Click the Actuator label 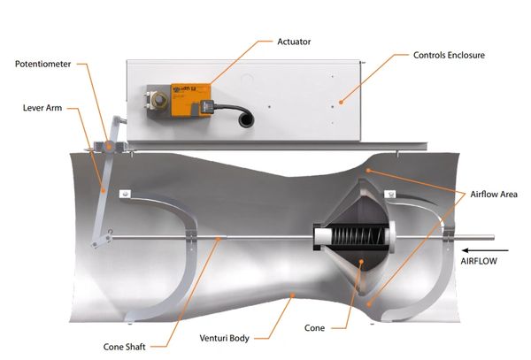pyautogui.click(x=294, y=42)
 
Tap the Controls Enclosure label pyautogui.click(x=449, y=55)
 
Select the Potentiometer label pyautogui.click(x=43, y=64)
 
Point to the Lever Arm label pyautogui.click(x=42, y=108)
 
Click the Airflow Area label pyautogui.click(x=494, y=195)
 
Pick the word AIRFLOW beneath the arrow pyautogui.click(x=479, y=261)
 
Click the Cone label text pyautogui.click(x=314, y=328)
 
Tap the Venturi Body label pyautogui.click(x=224, y=338)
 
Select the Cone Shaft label pyautogui.click(x=125, y=347)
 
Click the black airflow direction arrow pyautogui.click(x=486, y=250)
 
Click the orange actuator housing pyautogui.click(x=190, y=100)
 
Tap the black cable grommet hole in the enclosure pyautogui.click(x=246, y=120)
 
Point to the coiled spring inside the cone pyautogui.click(x=358, y=236)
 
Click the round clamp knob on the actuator pyautogui.click(x=158, y=100)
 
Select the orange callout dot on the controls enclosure pyautogui.click(x=341, y=102)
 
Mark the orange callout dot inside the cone pyautogui.click(x=362, y=262)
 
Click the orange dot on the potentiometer pyautogui.click(x=109, y=147)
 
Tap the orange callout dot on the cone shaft pyautogui.click(x=219, y=239)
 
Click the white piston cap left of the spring pyautogui.click(x=323, y=236)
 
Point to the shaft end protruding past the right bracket pyautogui.click(x=473, y=238)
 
